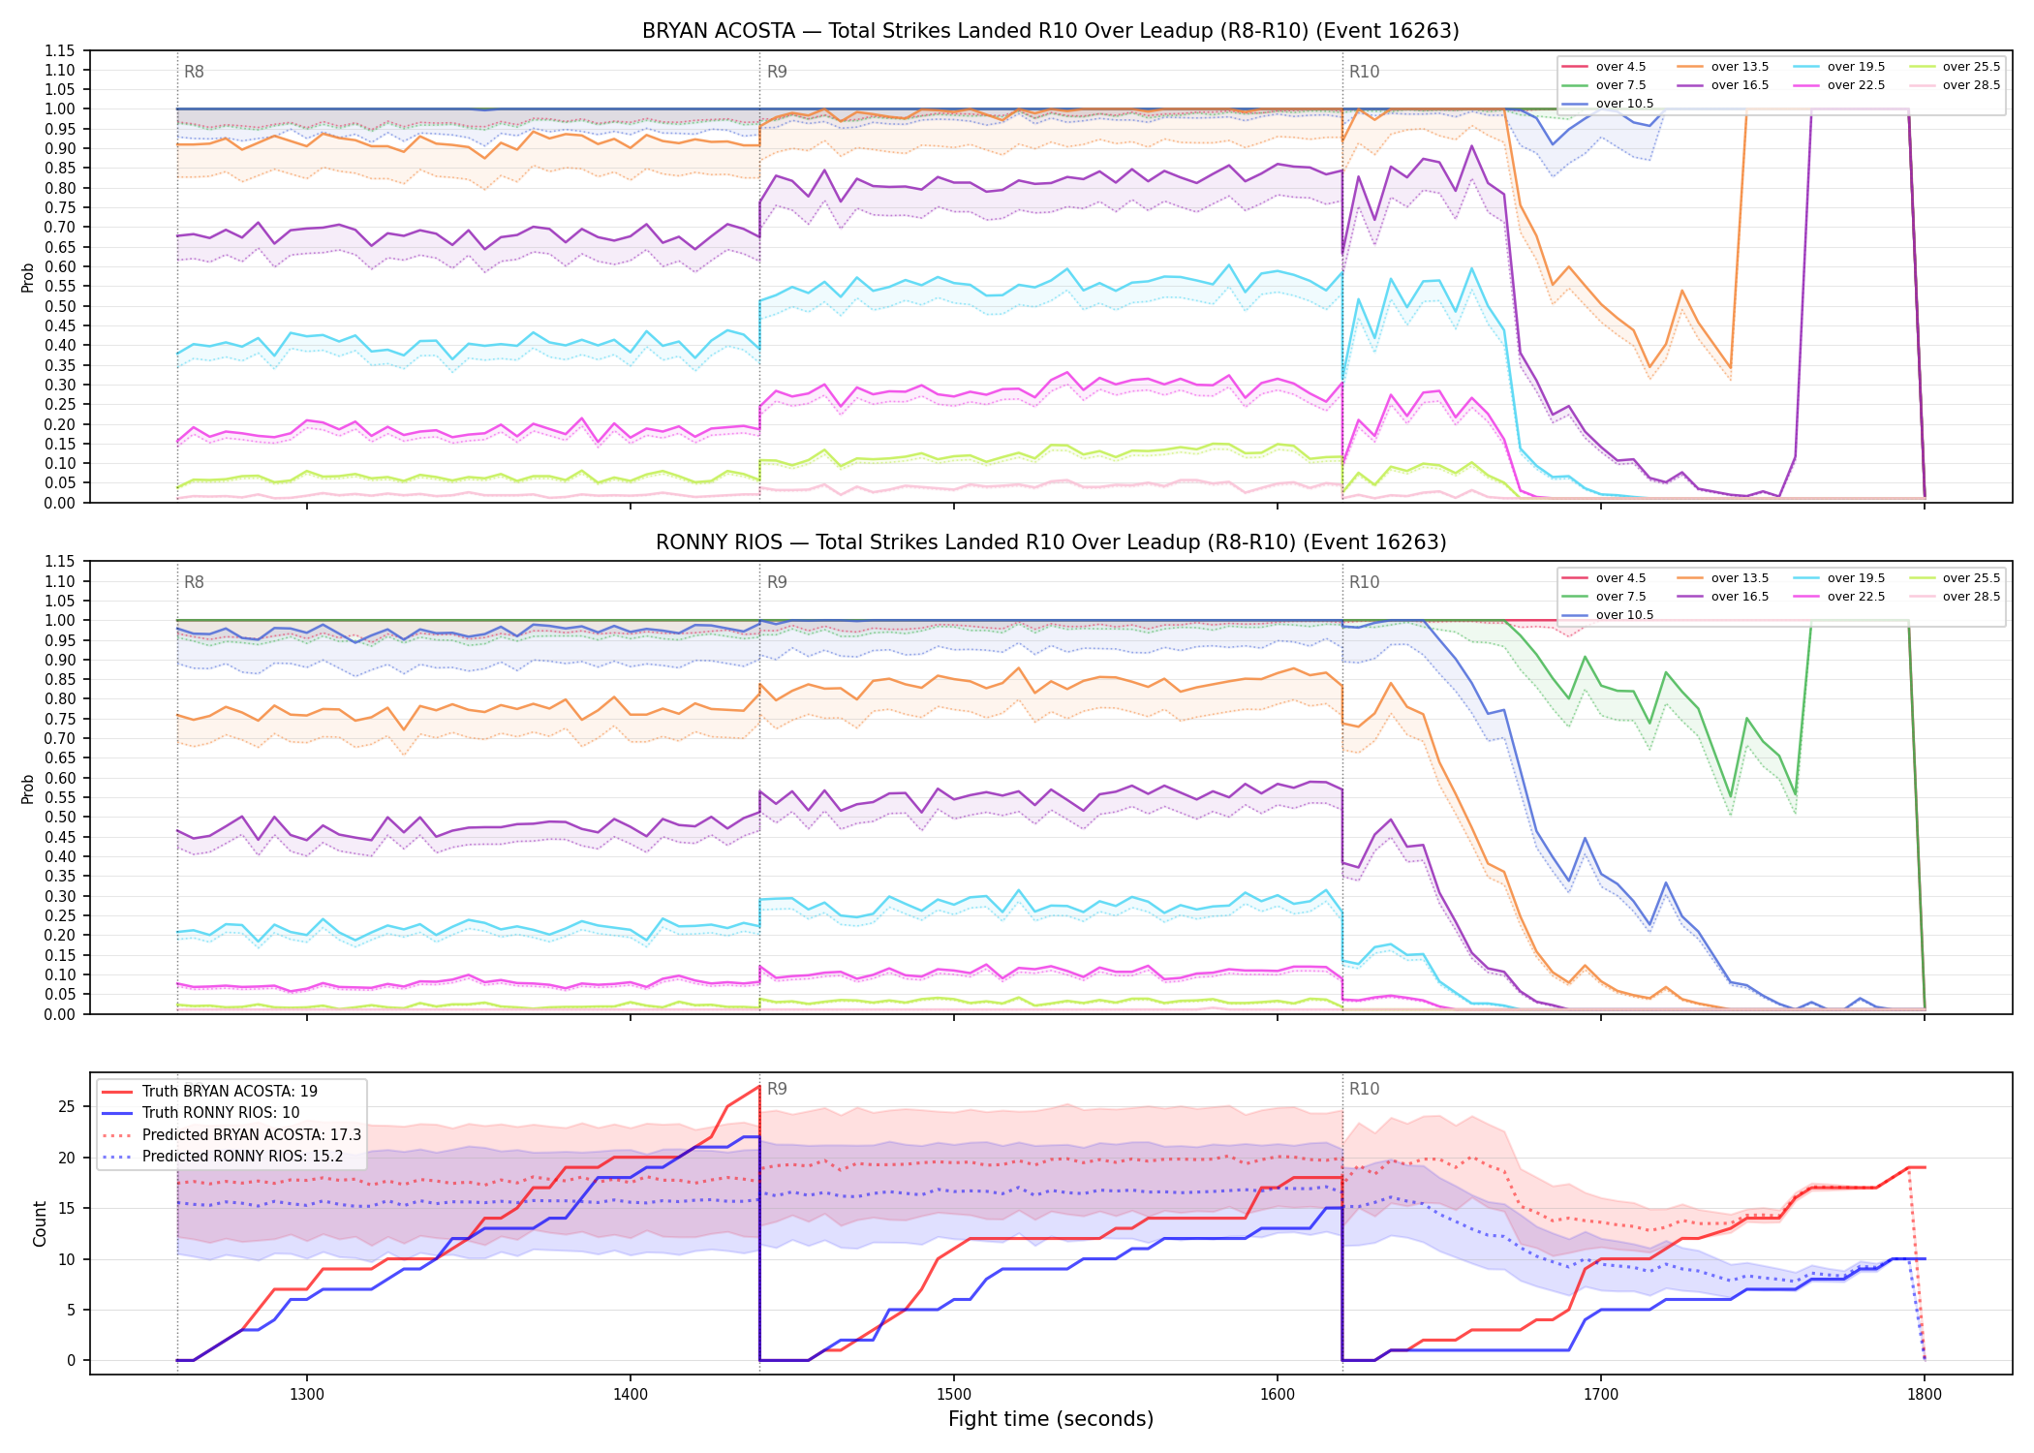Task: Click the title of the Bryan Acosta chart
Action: [x=1050, y=31]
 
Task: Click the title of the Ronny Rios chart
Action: [x=1051, y=542]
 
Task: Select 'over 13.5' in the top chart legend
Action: [x=1740, y=67]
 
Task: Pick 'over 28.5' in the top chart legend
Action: [x=1971, y=85]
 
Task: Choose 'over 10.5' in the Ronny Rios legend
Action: [x=1624, y=615]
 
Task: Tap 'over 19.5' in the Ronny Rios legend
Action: [x=1856, y=578]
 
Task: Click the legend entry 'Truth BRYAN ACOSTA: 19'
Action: [x=230, y=1091]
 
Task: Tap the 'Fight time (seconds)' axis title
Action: [x=1051, y=1419]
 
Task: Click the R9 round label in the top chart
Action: [x=777, y=72]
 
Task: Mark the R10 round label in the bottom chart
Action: [x=1365, y=1089]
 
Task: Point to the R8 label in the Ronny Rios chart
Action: [x=194, y=582]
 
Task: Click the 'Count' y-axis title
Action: [x=40, y=1223]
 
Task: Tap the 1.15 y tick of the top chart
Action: [x=60, y=50]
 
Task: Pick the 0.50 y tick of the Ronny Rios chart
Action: [x=60, y=817]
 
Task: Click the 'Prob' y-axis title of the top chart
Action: [x=28, y=277]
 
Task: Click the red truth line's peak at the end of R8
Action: [x=759, y=1087]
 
